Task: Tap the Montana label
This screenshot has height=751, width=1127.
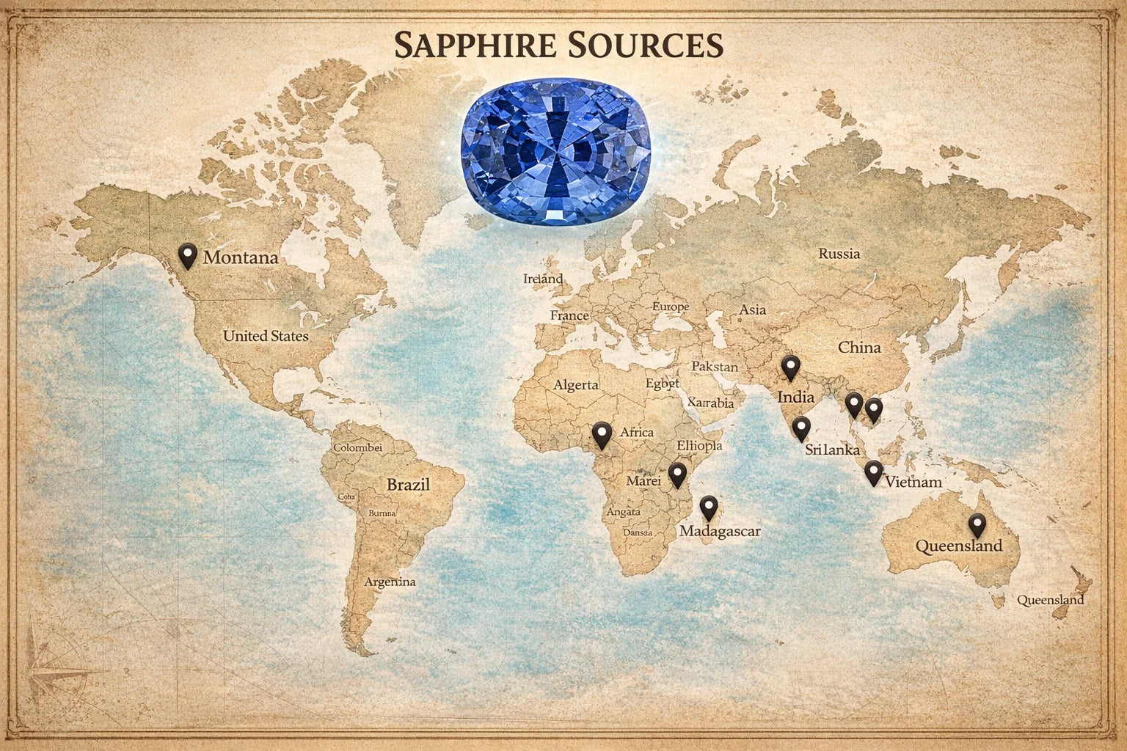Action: [241, 258]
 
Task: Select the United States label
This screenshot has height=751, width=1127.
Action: [266, 336]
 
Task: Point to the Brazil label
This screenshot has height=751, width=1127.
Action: [408, 485]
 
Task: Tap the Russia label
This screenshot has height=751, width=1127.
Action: [839, 254]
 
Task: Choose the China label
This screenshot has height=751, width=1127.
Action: [859, 347]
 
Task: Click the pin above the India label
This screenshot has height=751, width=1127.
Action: [789, 366]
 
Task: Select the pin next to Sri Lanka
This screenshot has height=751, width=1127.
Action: [801, 428]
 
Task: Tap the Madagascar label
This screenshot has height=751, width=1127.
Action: [720, 531]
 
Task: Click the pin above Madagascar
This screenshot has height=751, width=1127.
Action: [708, 507]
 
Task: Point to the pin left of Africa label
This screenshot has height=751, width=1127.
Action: [602, 434]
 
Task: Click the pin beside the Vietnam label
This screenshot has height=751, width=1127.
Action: [873, 472]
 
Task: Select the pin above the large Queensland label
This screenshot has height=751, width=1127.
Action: [976, 525]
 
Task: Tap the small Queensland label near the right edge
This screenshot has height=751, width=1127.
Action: [1050, 600]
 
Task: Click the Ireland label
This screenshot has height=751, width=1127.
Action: [543, 279]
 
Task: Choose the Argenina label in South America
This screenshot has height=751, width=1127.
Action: [390, 582]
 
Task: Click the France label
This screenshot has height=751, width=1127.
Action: [569, 316]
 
